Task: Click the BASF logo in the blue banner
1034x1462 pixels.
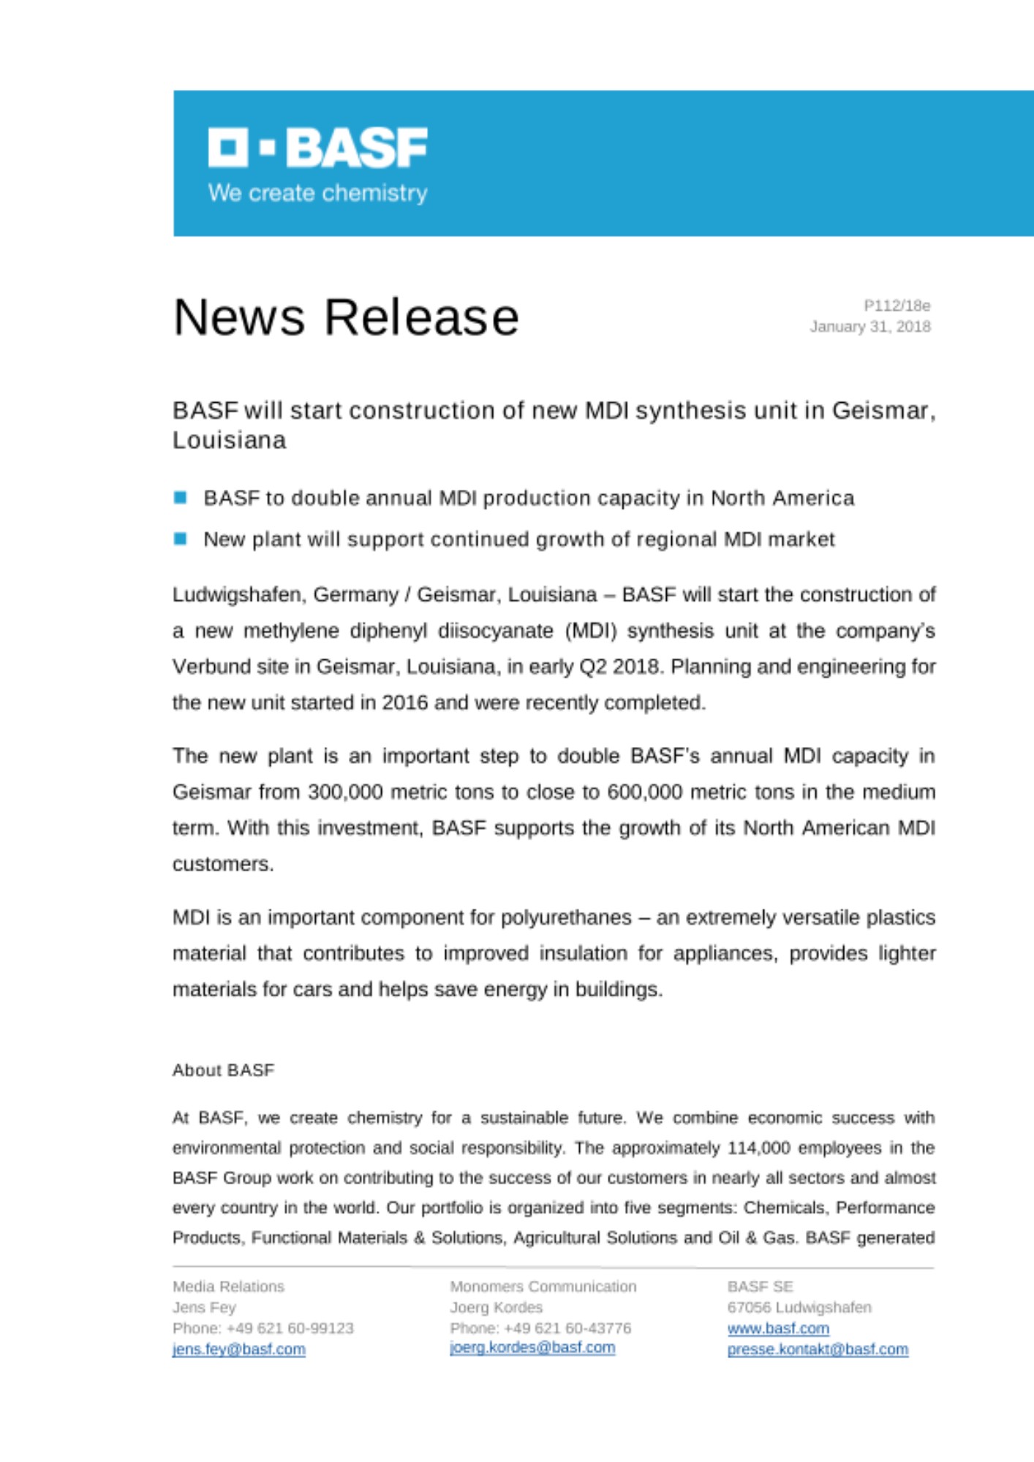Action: pyautogui.click(x=317, y=147)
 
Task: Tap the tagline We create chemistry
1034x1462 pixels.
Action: pyautogui.click(x=317, y=193)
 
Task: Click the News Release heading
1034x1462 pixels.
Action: pyautogui.click(x=346, y=317)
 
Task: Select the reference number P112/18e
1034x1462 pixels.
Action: pyautogui.click(x=897, y=306)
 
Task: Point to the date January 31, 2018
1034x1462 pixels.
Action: pyautogui.click(x=869, y=327)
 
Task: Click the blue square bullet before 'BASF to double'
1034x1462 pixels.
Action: pyautogui.click(x=181, y=498)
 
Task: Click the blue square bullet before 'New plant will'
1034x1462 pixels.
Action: pyautogui.click(x=181, y=539)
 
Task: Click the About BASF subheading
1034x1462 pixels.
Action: pyautogui.click(x=223, y=1070)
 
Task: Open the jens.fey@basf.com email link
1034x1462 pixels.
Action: pyautogui.click(x=238, y=1349)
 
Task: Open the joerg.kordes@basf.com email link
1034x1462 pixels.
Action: pyautogui.click(x=532, y=1347)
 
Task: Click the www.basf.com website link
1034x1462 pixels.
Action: pyautogui.click(x=778, y=1328)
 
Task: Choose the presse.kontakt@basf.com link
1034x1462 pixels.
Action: pyautogui.click(x=818, y=1349)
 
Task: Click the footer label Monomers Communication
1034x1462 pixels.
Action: pyautogui.click(x=543, y=1287)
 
